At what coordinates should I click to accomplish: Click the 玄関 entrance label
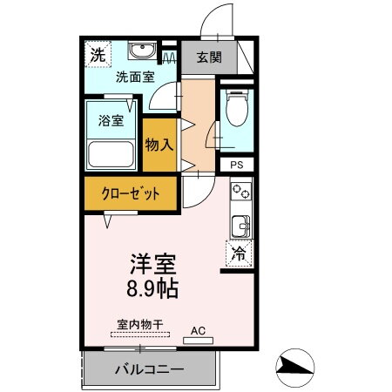(x=207, y=58)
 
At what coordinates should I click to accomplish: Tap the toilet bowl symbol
(x=234, y=111)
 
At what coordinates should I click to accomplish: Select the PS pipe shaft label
(x=236, y=165)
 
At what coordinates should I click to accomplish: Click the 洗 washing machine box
(x=98, y=54)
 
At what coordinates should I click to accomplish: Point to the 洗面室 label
(x=135, y=76)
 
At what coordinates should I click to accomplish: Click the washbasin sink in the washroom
(x=139, y=50)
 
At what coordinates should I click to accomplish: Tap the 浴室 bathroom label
(x=110, y=121)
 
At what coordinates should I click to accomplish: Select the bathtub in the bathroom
(x=111, y=155)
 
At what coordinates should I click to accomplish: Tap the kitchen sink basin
(x=240, y=226)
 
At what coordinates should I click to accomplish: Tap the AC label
(x=198, y=330)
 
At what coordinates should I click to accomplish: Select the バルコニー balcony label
(x=149, y=369)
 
